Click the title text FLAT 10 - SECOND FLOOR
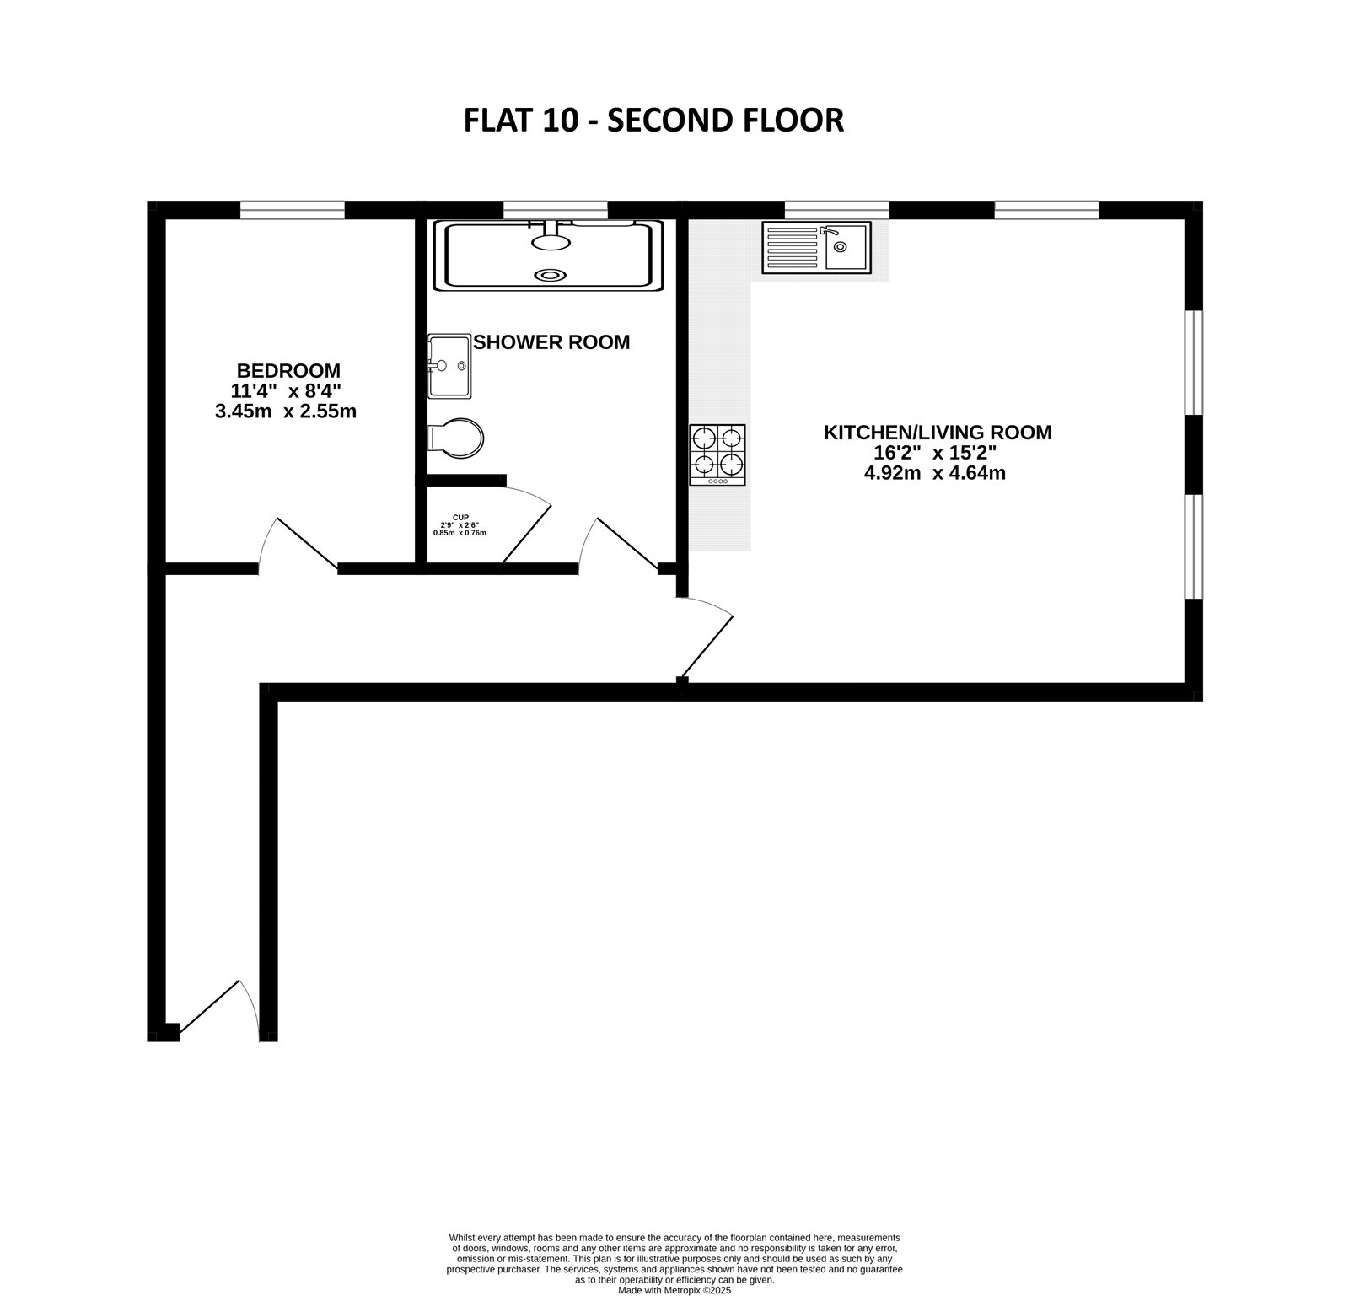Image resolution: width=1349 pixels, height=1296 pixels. [653, 121]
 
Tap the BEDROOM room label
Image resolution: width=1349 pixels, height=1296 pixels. [288, 370]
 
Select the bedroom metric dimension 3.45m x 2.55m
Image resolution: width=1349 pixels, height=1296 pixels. [286, 412]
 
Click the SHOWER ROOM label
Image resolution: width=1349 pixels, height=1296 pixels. [551, 342]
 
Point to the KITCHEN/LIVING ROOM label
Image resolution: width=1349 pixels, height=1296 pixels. [937, 433]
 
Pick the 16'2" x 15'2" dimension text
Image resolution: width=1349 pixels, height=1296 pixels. [935, 453]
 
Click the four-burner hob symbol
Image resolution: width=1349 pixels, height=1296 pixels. [717, 454]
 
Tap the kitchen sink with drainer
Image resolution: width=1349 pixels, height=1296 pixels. [816, 247]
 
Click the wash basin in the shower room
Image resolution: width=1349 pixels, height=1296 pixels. [449, 366]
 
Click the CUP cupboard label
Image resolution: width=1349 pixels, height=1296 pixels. [460, 518]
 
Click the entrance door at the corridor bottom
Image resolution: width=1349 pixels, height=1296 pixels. [215, 1008]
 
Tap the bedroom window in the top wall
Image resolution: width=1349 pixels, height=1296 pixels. [293, 209]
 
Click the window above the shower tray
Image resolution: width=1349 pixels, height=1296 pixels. [556, 209]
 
